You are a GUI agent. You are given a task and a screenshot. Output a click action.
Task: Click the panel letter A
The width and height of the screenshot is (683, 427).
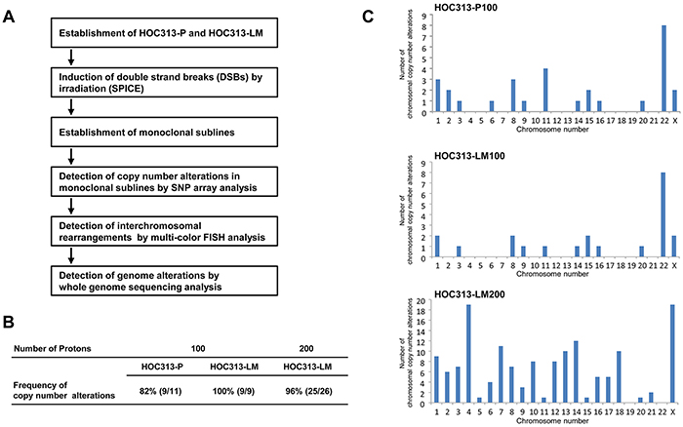pyautogui.click(x=9, y=17)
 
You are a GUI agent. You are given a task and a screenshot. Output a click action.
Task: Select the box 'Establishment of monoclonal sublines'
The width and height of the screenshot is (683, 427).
pyautogui.click(x=164, y=132)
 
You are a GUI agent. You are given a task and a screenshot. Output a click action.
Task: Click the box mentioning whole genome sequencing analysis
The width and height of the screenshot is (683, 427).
pyautogui.click(x=164, y=281)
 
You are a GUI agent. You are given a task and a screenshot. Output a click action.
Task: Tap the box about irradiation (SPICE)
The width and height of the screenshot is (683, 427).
pyautogui.click(x=164, y=82)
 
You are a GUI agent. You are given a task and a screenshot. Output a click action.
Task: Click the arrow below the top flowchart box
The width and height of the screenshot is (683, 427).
pyautogui.click(x=71, y=57)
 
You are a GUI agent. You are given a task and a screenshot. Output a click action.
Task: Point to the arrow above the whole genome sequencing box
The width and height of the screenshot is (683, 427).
pyautogui.click(x=71, y=256)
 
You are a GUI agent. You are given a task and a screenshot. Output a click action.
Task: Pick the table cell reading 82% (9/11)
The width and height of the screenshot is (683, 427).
pyautogui.click(x=162, y=391)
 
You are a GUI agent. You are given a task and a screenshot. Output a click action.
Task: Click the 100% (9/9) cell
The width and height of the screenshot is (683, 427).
pyautogui.click(x=233, y=391)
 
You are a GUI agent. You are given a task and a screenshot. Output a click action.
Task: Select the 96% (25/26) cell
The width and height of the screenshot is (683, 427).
pyautogui.click(x=308, y=391)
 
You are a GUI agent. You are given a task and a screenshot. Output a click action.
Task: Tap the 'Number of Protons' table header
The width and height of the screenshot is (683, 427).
pyautogui.click(x=53, y=349)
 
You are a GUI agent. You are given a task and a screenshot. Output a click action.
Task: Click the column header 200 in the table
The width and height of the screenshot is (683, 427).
pyautogui.click(x=306, y=349)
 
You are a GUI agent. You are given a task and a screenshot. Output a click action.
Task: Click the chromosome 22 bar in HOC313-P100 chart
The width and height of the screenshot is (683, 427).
pyautogui.click(x=663, y=69)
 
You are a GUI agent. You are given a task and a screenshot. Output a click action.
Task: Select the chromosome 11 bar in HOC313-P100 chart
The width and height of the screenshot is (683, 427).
pyautogui.click(x=545, y=91)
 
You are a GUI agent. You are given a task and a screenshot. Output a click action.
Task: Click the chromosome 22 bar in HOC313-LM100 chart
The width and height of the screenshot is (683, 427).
pyautogui.click(x=663, y=215)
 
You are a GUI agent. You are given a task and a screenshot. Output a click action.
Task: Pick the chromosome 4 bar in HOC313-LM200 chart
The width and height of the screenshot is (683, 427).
pyautogui.click(x=468, y=354)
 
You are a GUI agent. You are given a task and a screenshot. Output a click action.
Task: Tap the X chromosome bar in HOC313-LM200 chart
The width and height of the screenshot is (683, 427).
pyautogui.click(x=672, y=354)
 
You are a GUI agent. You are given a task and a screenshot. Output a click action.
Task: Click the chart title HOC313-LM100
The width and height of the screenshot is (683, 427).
pyautogui.click(x=469, y=156)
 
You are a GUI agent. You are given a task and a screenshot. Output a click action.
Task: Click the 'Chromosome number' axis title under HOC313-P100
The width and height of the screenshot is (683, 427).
pyautogui.click(x=552, y=130)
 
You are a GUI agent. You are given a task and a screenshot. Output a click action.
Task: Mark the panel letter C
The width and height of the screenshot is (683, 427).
pyautogui.click(x=368, y=17)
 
